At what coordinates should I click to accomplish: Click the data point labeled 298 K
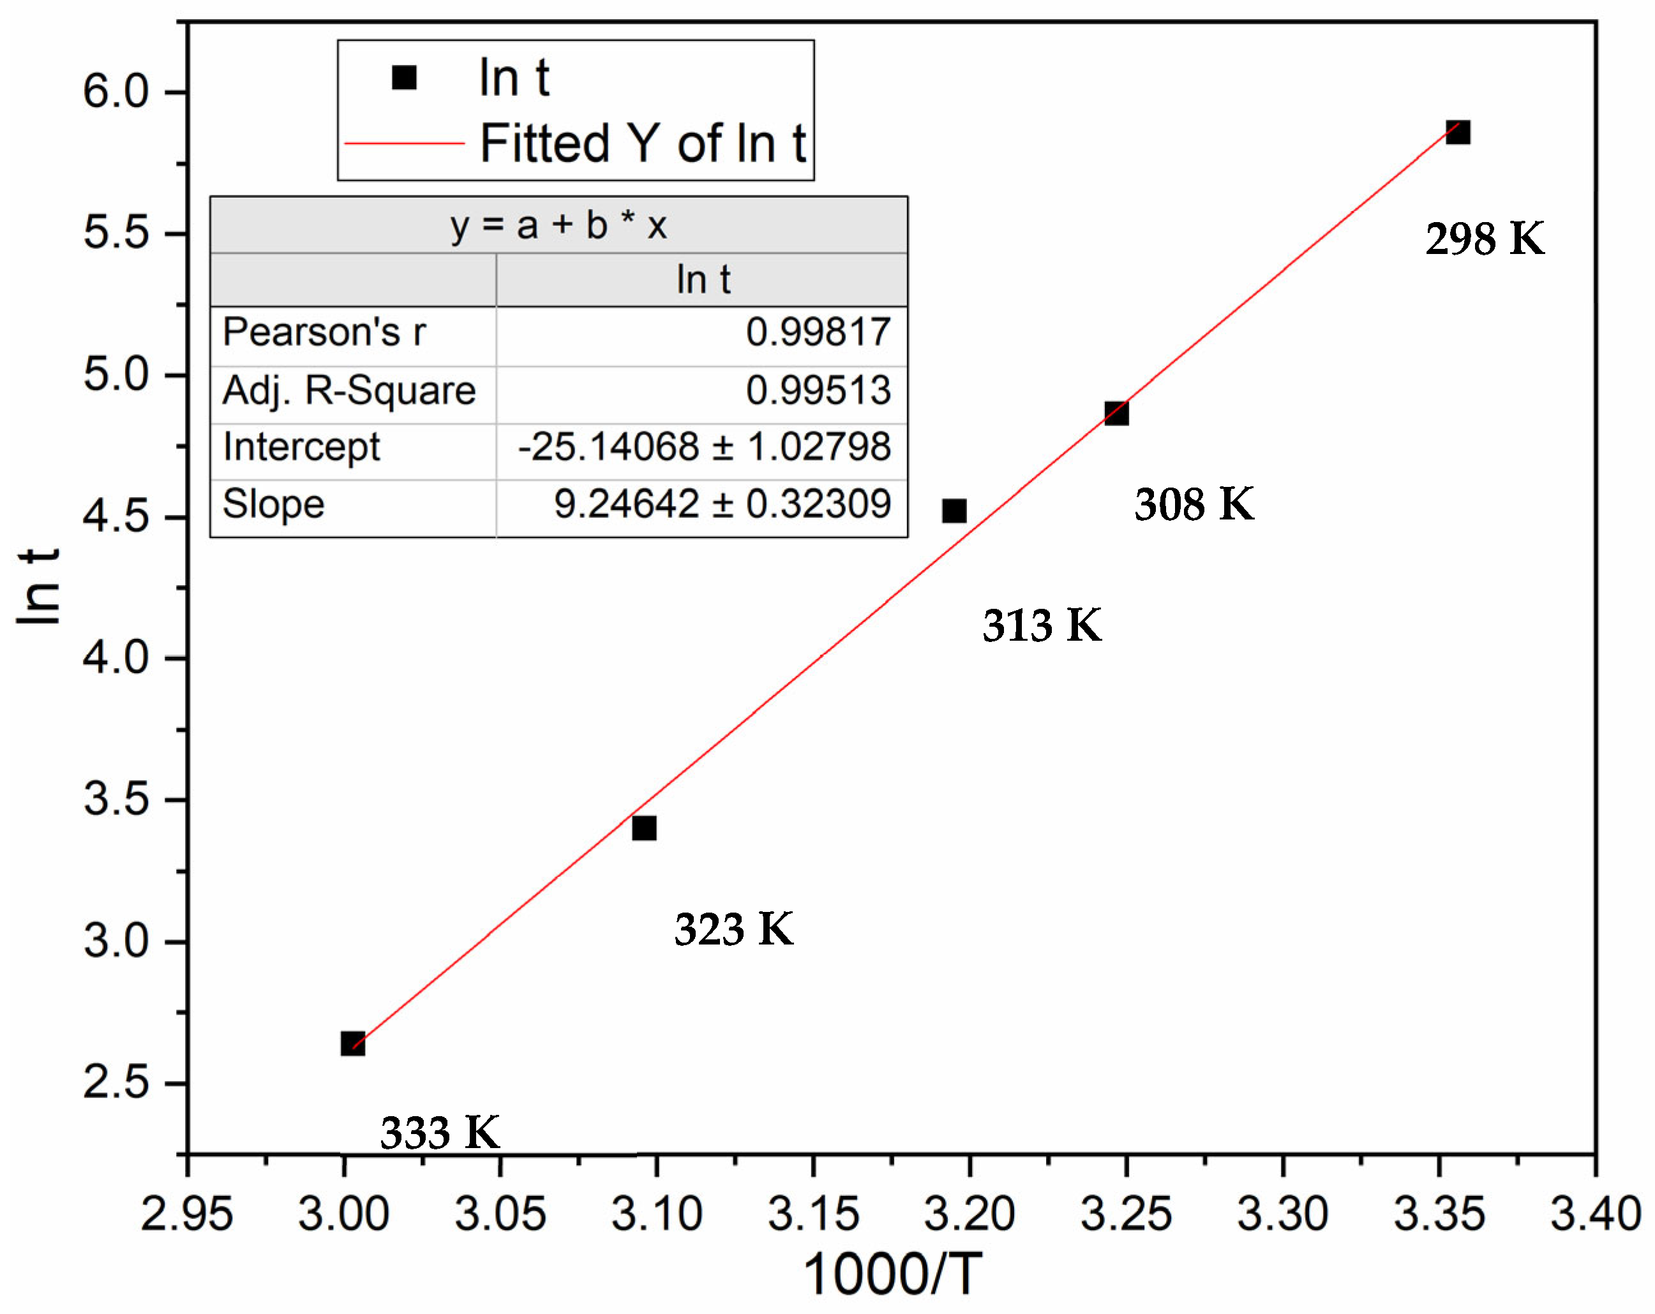click(1457, 132)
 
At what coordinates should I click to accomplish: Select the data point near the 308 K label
click(1116, 413)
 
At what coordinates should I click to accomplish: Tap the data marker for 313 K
click(954, 511)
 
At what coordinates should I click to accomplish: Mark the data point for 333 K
click(352, 1043)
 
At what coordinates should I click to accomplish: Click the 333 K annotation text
click(440, 1132)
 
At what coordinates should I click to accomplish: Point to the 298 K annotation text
click(1485, 239)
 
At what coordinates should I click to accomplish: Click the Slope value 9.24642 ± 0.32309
click(722, 504)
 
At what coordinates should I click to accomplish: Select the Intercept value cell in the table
click(704, 447)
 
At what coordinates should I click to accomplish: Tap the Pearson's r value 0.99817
click(818, 332)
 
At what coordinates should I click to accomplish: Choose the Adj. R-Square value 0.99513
click(818, 390)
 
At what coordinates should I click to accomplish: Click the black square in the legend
click(404, 77)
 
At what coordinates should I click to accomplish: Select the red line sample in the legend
click(405, 144)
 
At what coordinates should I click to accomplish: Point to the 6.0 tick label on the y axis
click(115, 91)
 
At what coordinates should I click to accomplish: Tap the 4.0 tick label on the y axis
click(115, 658)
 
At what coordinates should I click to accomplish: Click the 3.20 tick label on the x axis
click(970, 1214)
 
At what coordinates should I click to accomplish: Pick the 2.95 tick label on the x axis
click(186, 1214)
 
